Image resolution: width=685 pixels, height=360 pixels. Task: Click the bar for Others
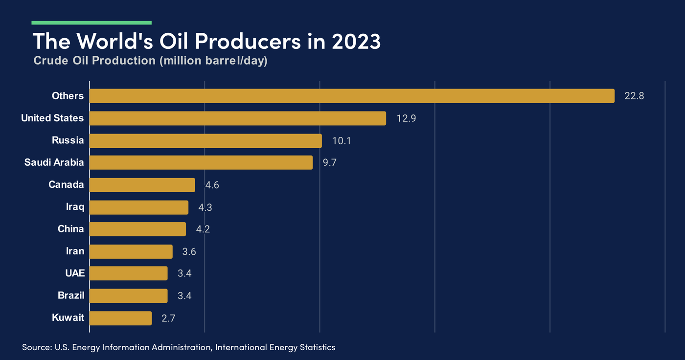(352, 96)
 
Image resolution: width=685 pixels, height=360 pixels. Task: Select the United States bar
(238, 118)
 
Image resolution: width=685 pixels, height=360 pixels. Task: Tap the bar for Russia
(205, 141)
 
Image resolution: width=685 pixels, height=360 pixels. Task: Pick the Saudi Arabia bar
(201, 162)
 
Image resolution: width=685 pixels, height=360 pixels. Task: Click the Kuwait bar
(121, 318)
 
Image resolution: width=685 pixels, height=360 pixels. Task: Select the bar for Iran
(131, 251)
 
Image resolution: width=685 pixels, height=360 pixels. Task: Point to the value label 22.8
(634, 96)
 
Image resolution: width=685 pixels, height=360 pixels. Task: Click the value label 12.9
(406, 118)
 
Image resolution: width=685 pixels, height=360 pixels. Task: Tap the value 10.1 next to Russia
(342, 141)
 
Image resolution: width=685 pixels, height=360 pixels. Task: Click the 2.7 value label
(168, 318)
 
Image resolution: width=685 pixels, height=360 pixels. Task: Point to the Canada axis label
(66, 185)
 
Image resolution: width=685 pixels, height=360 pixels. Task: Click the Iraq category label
(75, 207)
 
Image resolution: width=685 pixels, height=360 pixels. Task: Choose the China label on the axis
(70, 229)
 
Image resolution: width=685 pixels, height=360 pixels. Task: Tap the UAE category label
(75, 273)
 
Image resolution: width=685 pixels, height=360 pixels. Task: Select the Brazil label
(70, 295)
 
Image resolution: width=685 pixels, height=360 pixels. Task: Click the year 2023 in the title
(356, 42)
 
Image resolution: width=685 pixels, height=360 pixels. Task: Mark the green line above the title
(91, 22)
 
